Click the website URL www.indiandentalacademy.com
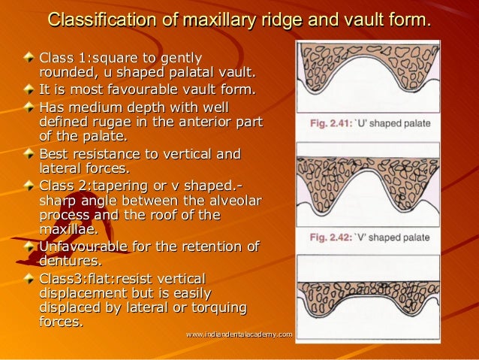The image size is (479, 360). coord(239,333)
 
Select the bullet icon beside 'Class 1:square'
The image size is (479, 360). coord(29,57)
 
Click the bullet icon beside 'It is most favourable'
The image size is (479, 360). coord(29,89)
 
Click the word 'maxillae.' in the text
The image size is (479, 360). coord(68,229)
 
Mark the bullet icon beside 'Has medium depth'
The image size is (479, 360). coord(29,106)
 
